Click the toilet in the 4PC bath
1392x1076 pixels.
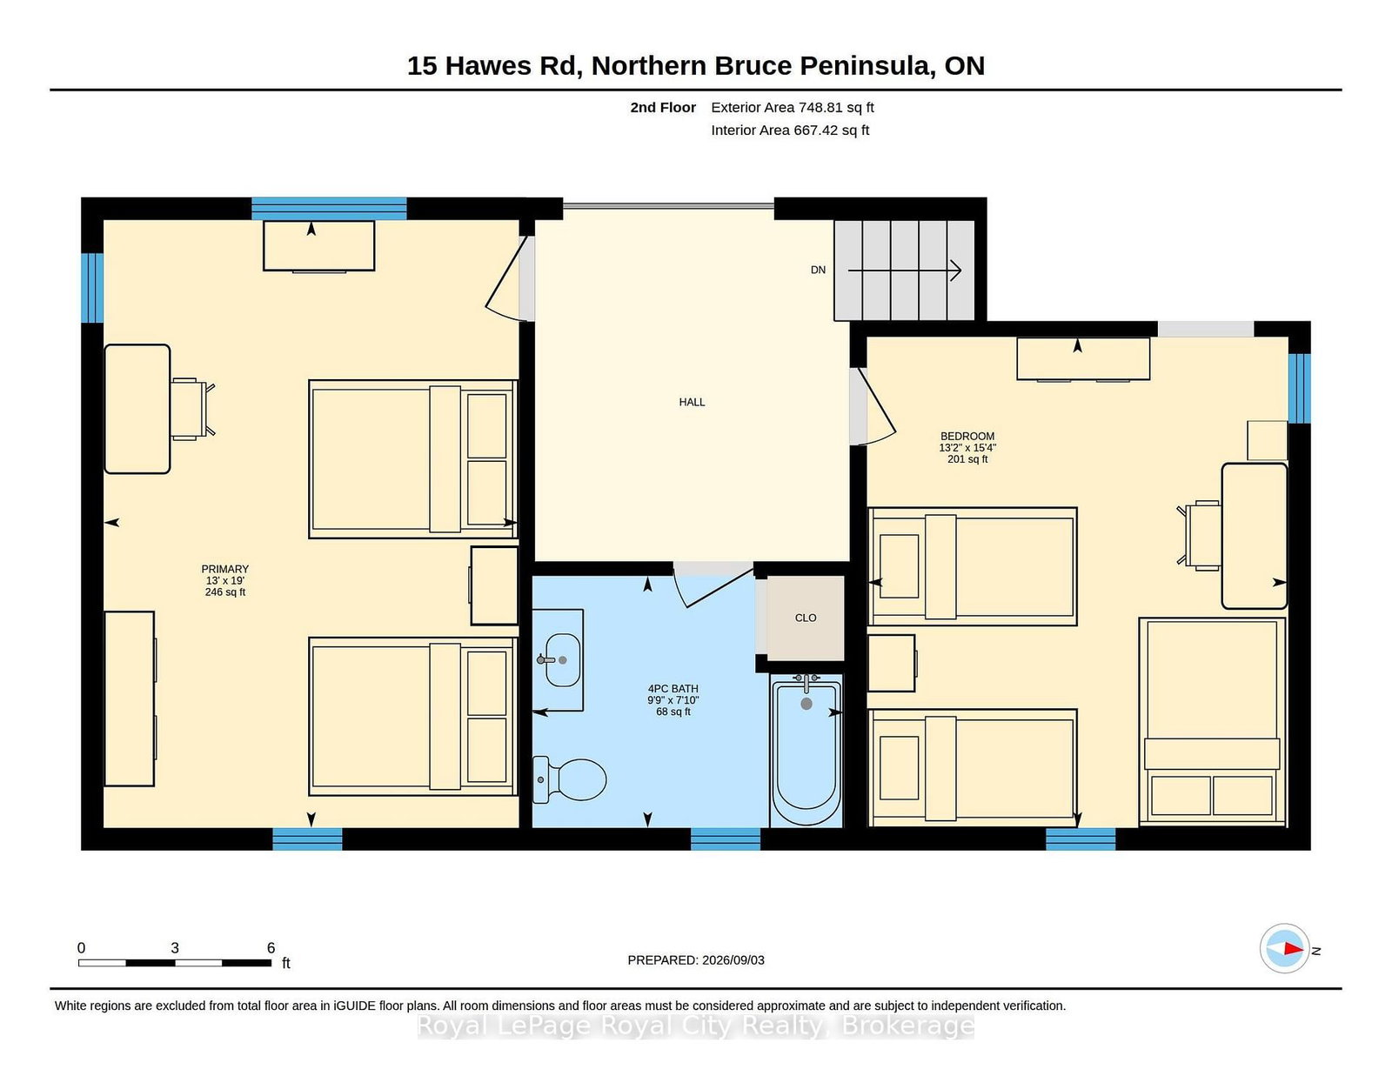click(x=569, y=779)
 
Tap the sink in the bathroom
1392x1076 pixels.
click(x=562, y=659)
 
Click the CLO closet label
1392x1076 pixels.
click(x=806, y=618)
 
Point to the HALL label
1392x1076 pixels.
click(x=692, y=402)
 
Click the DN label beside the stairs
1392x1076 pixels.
click(x=818, y=271)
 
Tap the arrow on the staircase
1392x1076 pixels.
click(x=905, y=271)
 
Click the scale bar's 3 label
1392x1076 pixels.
click(x=174, y=948)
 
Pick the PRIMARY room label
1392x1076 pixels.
click(x=224, y=569)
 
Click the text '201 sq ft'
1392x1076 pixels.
click(x=967, y=459)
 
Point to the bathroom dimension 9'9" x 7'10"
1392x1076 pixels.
click(x=673, y=700)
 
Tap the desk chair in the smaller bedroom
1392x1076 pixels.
click(x=1199, y=536)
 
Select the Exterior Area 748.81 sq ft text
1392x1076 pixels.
click(x=793, y=108)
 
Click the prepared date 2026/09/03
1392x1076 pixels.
click(x=733, y=960)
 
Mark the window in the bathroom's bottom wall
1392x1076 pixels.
click(x=726, y=839)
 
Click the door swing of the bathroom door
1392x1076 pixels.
click(x=711, y=586)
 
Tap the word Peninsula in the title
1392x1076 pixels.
click(x=866, y=66)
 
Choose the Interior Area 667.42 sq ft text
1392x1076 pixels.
click(x=790, y=130)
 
